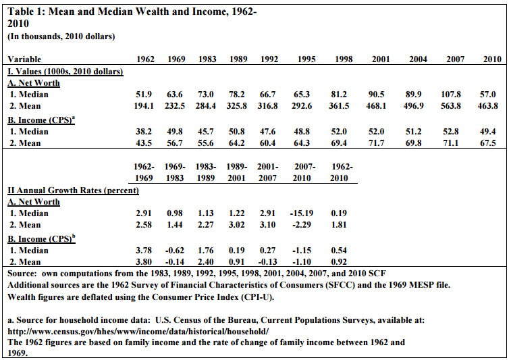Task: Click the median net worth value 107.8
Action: [x=451, y=95]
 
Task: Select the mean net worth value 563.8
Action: [x=451, y=106]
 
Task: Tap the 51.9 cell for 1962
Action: [x=144, y=95]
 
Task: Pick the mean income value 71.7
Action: [x=377, y=143]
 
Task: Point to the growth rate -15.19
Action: [x=302, y=213]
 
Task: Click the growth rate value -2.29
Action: [x=302, y=225]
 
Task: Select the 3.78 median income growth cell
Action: [x=144, y=251]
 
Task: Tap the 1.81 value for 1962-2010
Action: [x=339, y=225]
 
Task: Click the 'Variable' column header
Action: [x=24, y=59]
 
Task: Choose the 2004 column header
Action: [x=418, y=59]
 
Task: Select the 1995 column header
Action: [x=306, y=59]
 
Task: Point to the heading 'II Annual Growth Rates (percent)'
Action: [x=74, y=190]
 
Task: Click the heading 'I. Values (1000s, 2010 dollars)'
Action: [x=65, y=72]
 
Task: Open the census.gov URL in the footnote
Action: [x=138, y=332]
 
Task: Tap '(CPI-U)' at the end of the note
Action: [x=257, y=297]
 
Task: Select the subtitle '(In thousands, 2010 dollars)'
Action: [x=61, y=36]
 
